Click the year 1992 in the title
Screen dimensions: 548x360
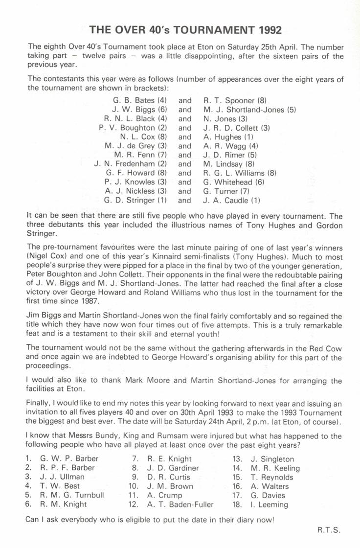(268, 30)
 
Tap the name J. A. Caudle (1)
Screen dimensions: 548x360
(232, 200)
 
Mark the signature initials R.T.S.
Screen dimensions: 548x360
(328, 529)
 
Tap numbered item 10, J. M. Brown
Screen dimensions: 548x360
(170, 486)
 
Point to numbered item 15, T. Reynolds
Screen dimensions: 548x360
(270, 477)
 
